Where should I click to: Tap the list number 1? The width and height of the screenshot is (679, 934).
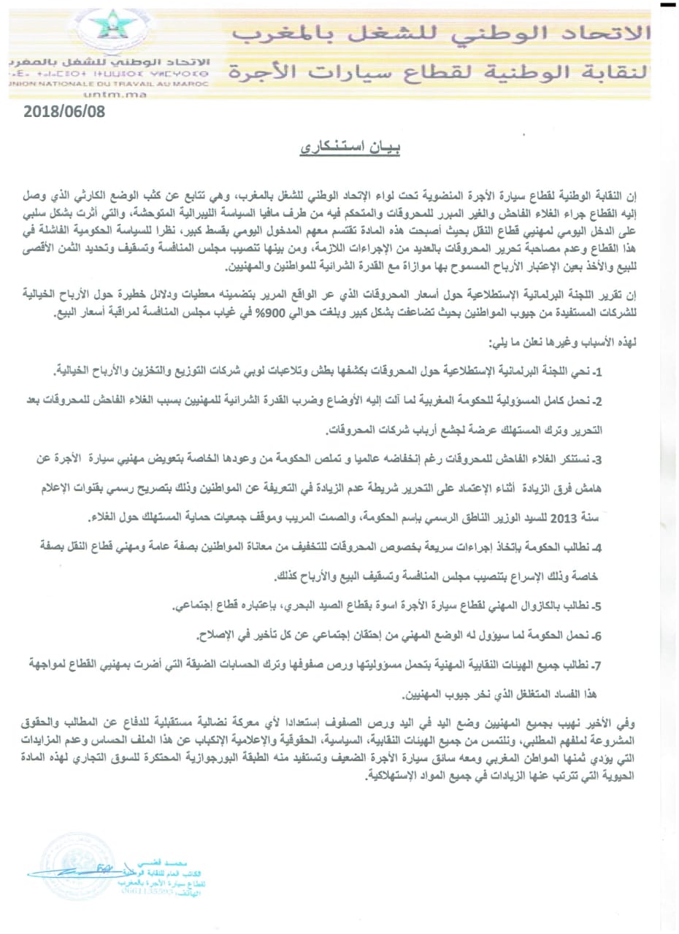pos(596,374)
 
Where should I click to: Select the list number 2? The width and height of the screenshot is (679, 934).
pos(596,401)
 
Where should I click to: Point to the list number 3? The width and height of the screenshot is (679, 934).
pos(596,459)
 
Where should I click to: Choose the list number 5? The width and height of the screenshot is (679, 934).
pos(596,606)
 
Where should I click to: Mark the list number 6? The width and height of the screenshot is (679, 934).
pos(596,636)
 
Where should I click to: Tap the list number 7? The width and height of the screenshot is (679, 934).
pos(596,665)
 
